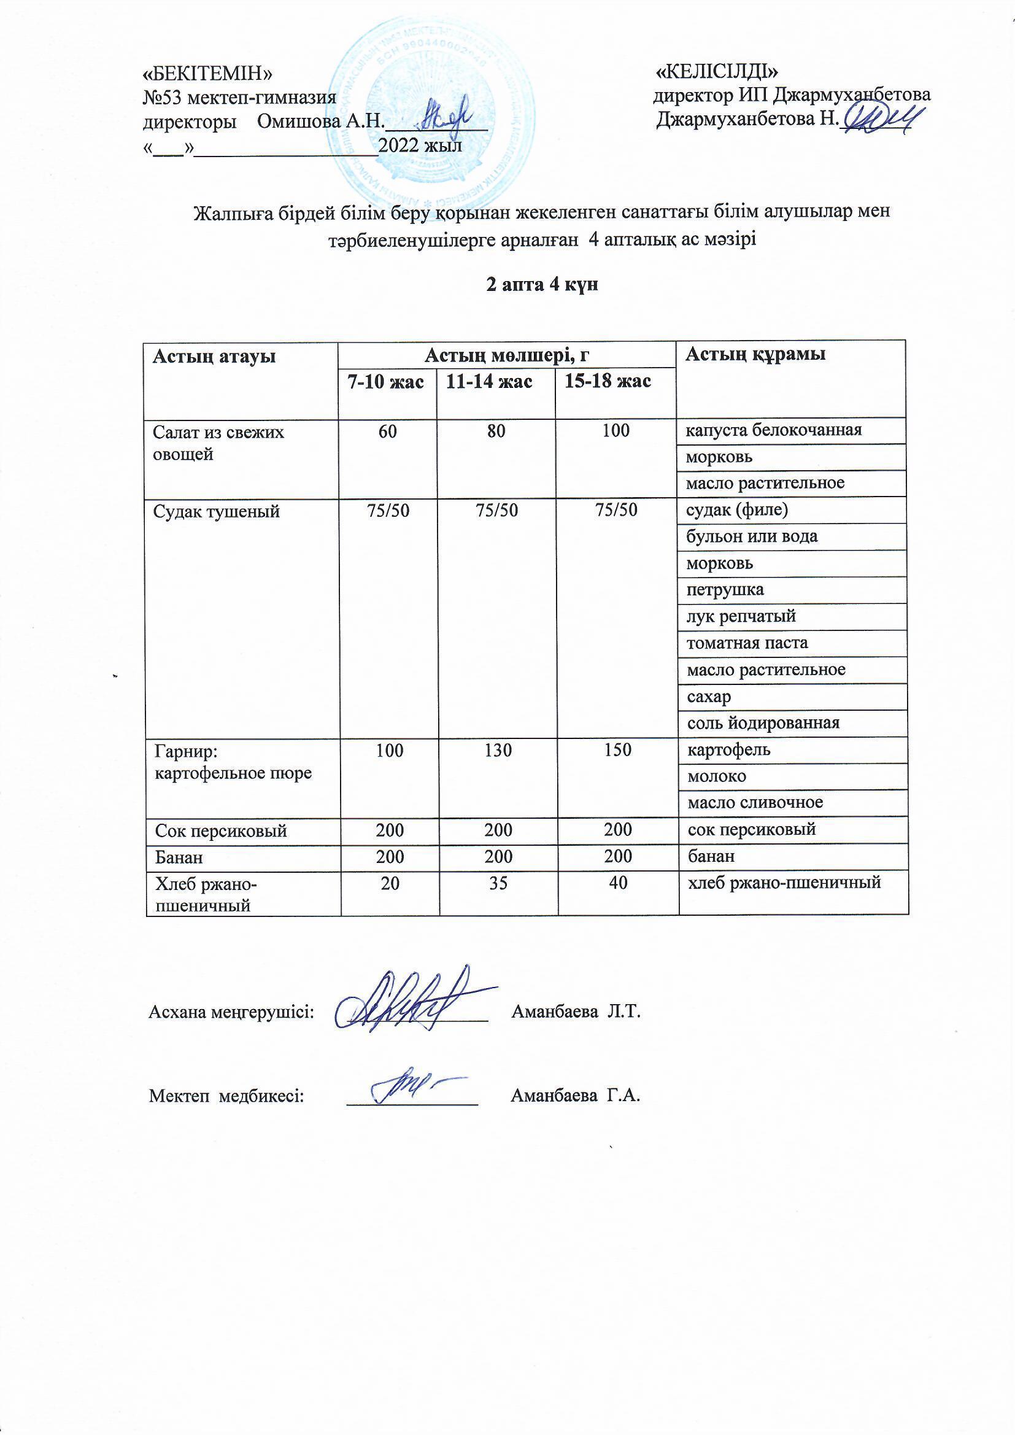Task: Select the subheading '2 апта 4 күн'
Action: click(542, 285)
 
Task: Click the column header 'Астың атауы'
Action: click(214, 357)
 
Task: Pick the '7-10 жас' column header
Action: click(386, 382)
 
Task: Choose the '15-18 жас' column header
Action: click(608, 381)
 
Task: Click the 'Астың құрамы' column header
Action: click(755, 354)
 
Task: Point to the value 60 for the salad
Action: click(387, 431)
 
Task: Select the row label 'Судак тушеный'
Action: click(216, 512)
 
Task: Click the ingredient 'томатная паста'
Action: click(747, 643)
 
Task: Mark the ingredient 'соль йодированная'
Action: click(763, 723)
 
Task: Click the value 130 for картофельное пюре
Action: click(498, 750)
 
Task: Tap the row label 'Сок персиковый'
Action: click(221, 830)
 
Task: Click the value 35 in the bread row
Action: click(498, 883)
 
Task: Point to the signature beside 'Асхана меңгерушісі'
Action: click(412, 1001)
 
